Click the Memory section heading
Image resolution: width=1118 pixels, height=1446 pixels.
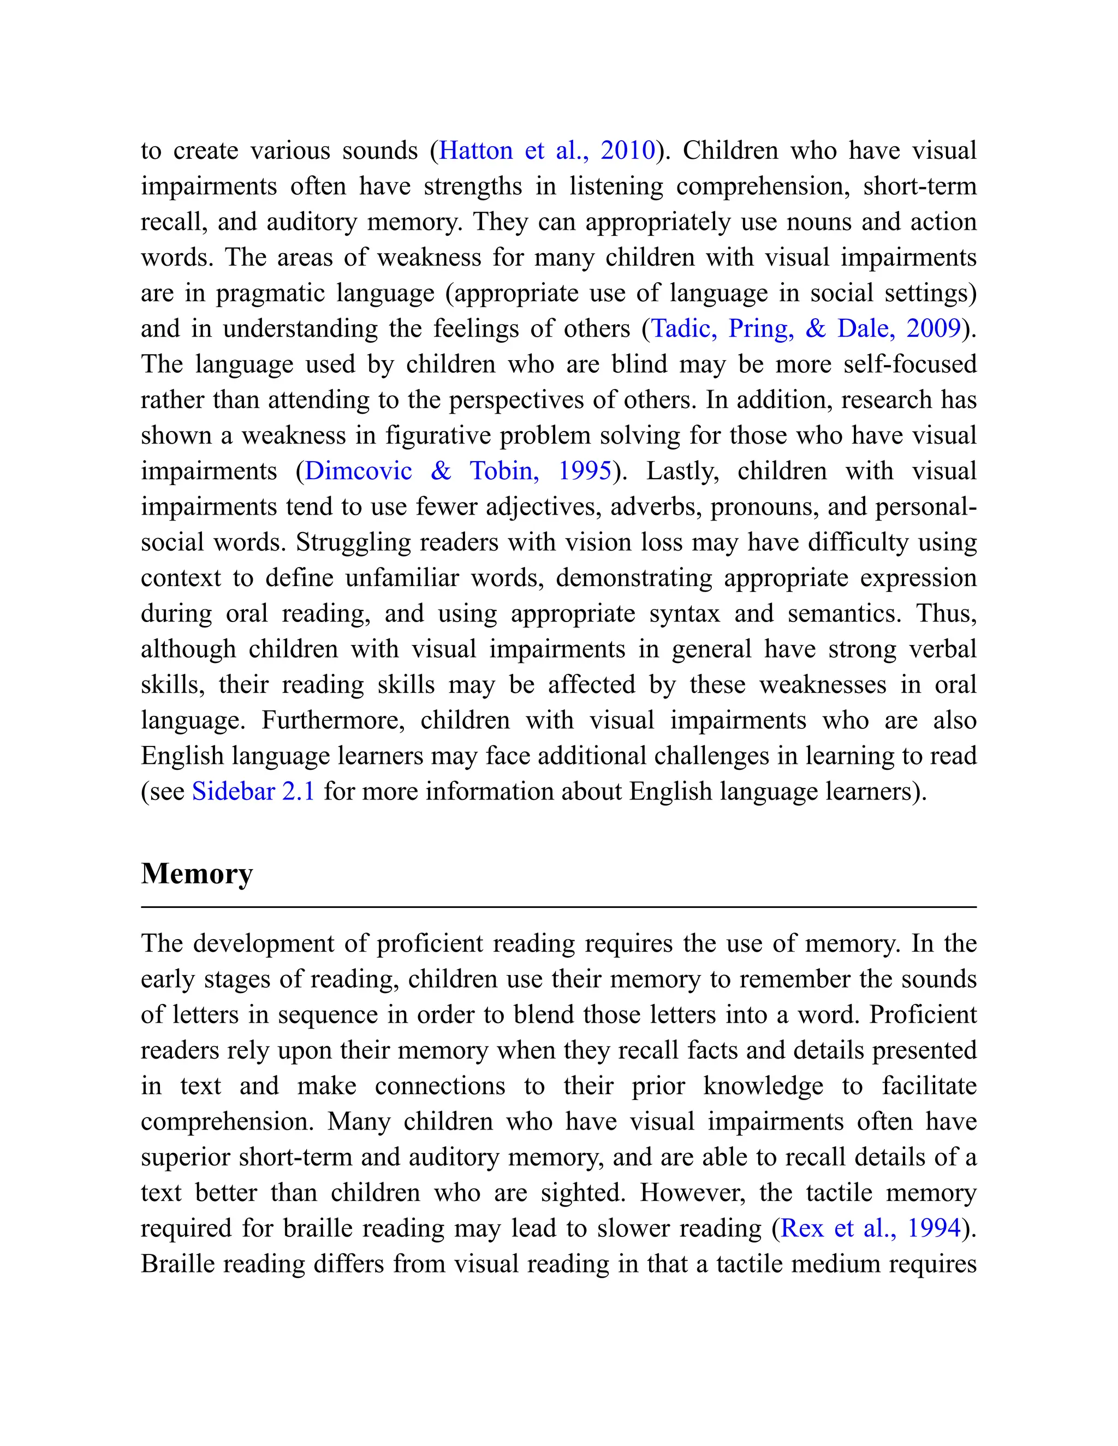[197, 874]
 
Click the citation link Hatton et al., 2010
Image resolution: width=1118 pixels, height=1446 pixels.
[546, 151]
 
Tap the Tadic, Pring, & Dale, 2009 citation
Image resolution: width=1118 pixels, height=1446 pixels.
[805, 328]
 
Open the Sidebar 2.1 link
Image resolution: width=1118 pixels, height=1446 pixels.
[253, 791]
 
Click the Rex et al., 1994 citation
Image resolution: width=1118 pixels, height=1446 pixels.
[870, 1228]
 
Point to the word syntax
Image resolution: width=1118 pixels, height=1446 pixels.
[683, 614]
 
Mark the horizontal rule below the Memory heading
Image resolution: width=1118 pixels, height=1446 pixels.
[558, 907]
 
